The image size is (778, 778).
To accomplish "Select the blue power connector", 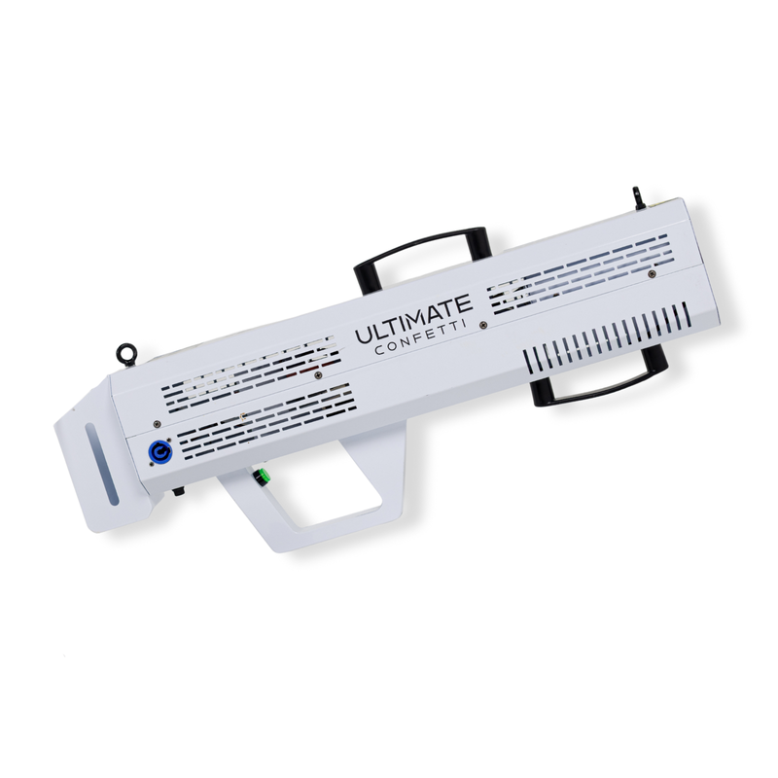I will coord(158,452).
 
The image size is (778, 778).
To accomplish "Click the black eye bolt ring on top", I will coord(126,355).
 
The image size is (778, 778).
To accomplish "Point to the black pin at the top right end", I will coord(637,196).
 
